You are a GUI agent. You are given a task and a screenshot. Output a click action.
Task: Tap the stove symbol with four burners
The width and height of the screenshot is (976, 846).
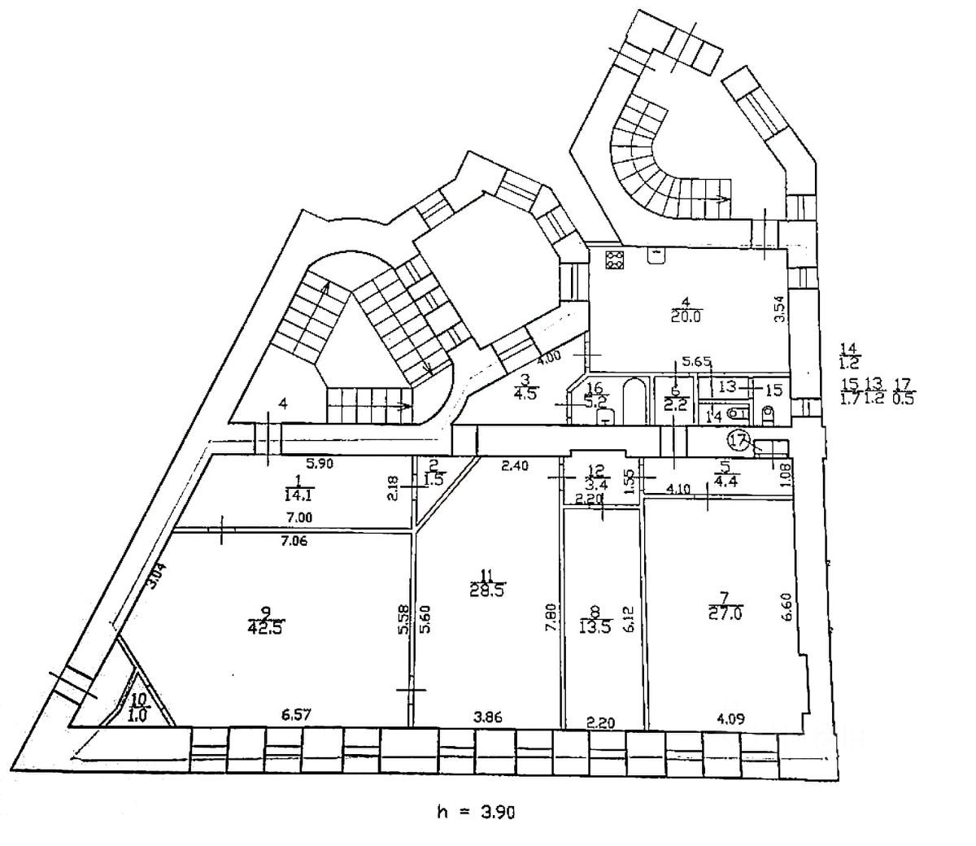coord(614,260)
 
